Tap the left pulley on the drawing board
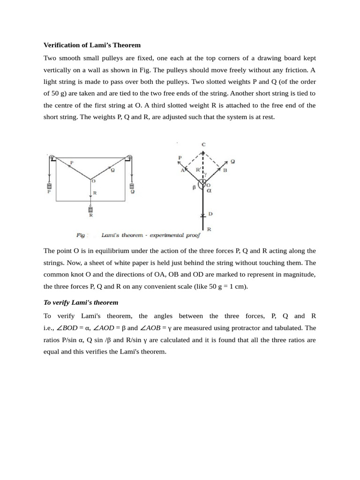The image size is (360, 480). tap(51, 157)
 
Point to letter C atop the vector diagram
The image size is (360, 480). tap(203, 145)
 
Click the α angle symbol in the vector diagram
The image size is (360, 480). tap(209, 191)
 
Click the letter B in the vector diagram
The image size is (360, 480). tap(225, 170)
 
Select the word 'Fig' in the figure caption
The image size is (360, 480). tap(80, 235)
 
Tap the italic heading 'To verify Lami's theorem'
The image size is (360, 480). tap(81, 302)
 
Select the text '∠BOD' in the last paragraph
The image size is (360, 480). tap(69, 328)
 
